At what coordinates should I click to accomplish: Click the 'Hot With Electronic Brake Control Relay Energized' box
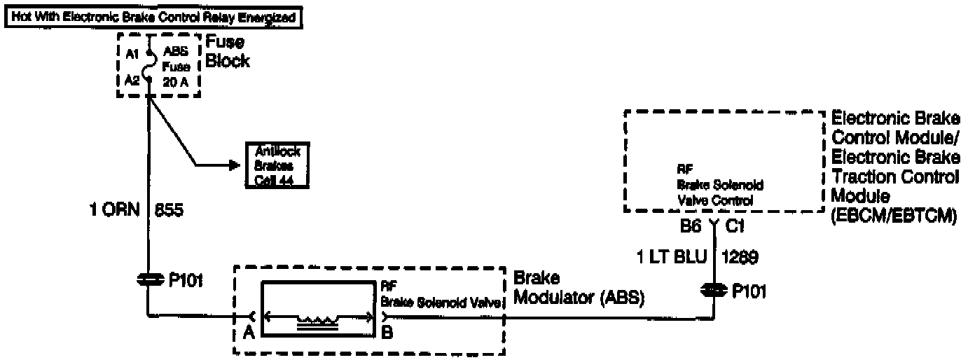(154, 17)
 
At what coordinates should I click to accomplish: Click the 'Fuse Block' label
(227, 52)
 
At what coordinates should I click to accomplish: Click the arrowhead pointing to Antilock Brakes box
(233, 165)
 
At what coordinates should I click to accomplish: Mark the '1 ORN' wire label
(113, 209)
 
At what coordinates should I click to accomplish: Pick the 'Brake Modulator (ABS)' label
(579, 287)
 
